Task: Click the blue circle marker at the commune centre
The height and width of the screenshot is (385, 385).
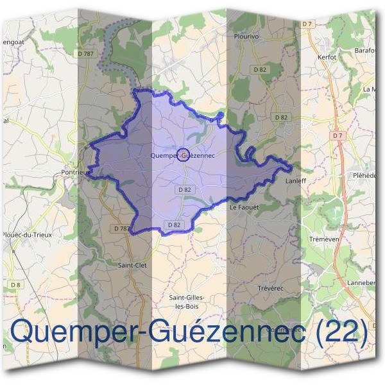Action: point(183,155)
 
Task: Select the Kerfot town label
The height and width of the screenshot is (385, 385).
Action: point(327,57)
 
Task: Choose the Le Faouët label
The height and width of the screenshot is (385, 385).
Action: point(243,208)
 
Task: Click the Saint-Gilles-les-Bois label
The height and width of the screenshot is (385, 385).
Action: point(187,302)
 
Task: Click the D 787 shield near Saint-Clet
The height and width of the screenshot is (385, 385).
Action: point(121,228)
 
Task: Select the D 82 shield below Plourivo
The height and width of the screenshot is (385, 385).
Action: point(260,69)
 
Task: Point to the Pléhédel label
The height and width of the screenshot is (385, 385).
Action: point(367,175)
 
